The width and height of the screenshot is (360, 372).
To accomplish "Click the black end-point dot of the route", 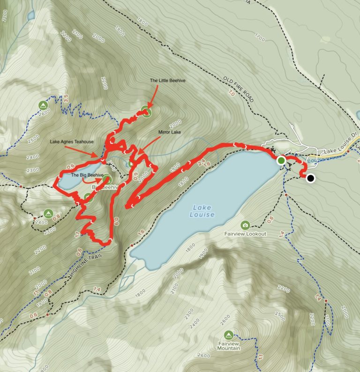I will click(310, 178).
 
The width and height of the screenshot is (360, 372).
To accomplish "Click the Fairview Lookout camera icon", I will click(245, 225).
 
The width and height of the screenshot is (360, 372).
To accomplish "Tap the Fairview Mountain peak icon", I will click(228, 335).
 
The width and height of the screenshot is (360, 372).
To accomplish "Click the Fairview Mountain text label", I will click(228, 346).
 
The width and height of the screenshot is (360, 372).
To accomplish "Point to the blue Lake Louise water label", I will click(202, 211).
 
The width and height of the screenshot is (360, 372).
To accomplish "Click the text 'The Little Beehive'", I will click(168, 81).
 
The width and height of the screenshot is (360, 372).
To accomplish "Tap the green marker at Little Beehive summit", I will click(147, 112).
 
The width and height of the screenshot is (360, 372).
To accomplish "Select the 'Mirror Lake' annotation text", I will click(169, 133).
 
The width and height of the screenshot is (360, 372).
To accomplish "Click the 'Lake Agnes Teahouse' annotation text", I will click(72, 141).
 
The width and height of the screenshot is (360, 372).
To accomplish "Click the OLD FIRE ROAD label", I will click(238, 89).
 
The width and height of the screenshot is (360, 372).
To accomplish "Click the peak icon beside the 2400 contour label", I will click(48, 214).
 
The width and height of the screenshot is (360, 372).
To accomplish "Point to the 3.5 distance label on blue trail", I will click(66, 99).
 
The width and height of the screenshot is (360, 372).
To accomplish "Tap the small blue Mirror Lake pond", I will click(129, 164).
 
